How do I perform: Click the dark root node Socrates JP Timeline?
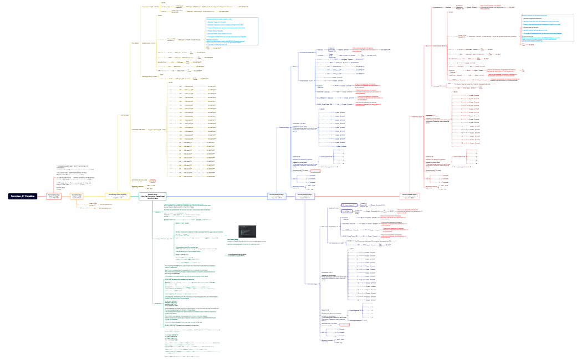click(x=23, y=196)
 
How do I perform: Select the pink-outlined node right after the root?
click(x=54, y=196)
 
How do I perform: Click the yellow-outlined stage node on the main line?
click(x=117, y=196)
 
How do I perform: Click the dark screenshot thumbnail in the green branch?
click(x=246, y=231)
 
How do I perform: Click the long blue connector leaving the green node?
click(x=222, y=196)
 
